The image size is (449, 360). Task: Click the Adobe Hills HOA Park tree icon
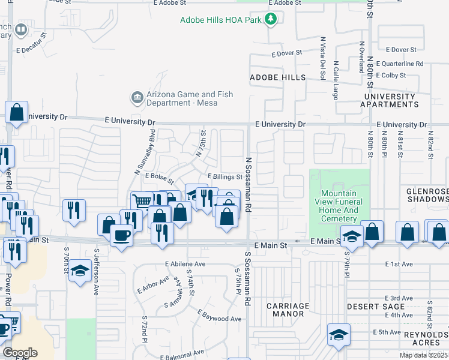coord(271,20)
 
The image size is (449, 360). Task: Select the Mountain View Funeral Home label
coord(339,206)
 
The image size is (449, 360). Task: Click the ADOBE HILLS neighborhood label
coord(277,78)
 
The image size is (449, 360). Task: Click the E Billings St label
coord(225,177)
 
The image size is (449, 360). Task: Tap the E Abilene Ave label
coord(185,263)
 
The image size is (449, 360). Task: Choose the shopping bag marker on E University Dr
coord(17,112)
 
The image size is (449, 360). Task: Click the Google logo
coord(20,352)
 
